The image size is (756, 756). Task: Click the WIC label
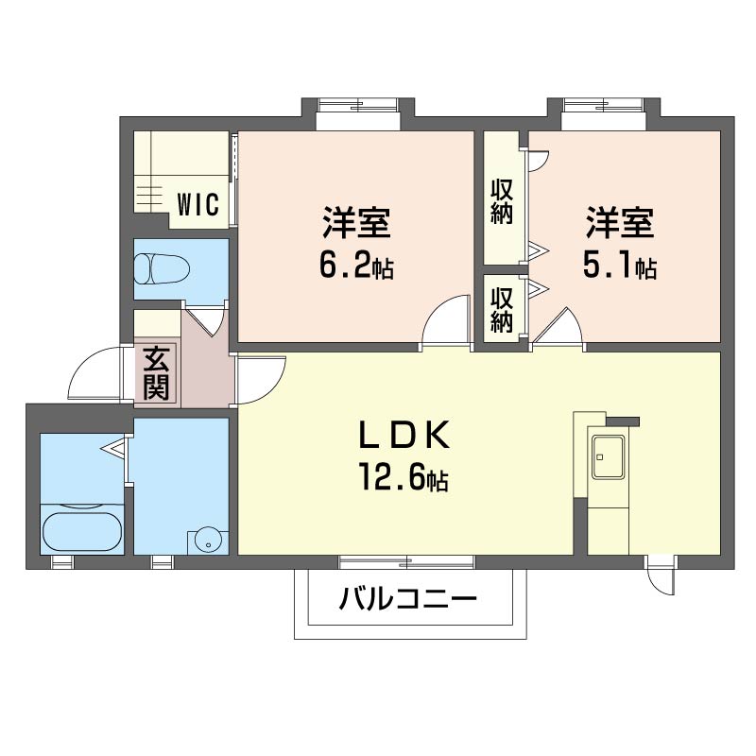coord(198,204)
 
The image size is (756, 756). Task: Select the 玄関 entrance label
coord(157,373)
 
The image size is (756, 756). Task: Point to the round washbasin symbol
coord(208,541)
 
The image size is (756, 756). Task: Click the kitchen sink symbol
coord(608,455)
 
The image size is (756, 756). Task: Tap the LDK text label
coord(404,435)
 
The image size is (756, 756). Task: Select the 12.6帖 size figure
coord(404,477)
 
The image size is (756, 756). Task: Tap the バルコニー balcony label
coord(408,599)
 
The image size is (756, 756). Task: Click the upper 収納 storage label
coord(502,201)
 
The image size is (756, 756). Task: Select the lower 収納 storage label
coord(502,311)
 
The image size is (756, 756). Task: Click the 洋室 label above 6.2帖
coord(356,223)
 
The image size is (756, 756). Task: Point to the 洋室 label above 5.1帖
coord(620,223)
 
